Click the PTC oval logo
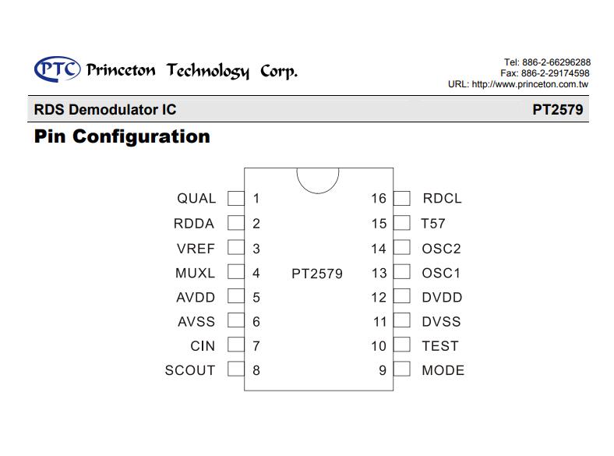click(57, 69)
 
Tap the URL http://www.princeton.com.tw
click(530, 84)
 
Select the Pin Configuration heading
click(122, 136)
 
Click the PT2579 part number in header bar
click(558, 110)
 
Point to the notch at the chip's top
click(318, 193)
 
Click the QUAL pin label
click(196, 198)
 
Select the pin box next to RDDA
click(236, 223)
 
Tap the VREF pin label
click(196, 249)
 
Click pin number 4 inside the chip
click(256, 273)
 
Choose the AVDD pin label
click(196, 297)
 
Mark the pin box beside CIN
click(236, 345)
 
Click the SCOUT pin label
click(190, 370)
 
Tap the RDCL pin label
click(442, 198)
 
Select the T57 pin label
click(433, 223)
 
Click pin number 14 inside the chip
click(379, 249)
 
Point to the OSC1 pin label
click(441, 273)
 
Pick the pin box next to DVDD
click(402, 296)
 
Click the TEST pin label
click(440, 346)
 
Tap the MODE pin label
click(443, 370)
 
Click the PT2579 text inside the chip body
click(317, 274)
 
